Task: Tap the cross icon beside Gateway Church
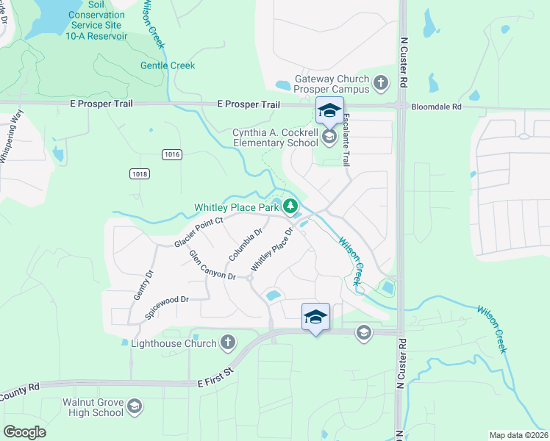coord(381,82)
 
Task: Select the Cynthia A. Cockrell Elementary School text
coord(275,137)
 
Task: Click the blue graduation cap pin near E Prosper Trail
coord(329,110)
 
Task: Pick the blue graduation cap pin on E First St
coord(315,317)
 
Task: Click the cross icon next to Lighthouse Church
coord(228,342)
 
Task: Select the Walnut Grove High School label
coord(87,407)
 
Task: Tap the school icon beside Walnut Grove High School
coord(135,406)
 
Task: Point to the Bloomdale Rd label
coord(436,106)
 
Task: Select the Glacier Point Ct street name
coord(199,232)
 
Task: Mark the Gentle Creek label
coord(168,65)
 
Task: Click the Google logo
coord(25,431)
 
